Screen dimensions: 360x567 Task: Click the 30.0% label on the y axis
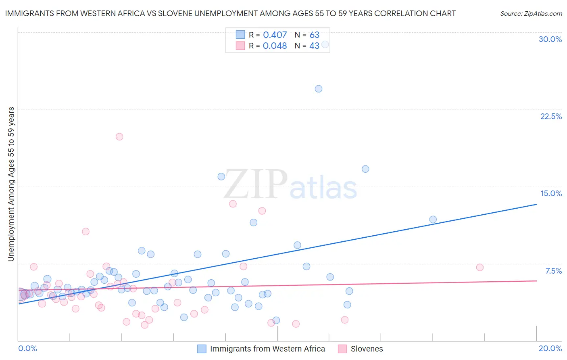point(550,39)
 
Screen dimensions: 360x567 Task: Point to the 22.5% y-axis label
point(551,116)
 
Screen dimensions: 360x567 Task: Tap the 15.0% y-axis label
point(551,193)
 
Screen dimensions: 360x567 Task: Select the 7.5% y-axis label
point(553,271)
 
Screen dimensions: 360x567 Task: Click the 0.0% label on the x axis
point(27,348)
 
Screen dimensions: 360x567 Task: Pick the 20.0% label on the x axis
point(550,348)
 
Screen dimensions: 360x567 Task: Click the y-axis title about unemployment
point(11,184)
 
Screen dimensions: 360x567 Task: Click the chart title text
point(230,13)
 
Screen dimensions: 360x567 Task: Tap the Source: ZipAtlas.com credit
point(531,13)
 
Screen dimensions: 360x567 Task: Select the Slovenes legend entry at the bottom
point(366,349)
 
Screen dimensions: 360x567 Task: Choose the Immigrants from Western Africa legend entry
point(267,349)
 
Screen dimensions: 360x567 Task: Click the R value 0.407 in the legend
point(275,35)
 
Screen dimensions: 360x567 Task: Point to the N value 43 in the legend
point(314,46)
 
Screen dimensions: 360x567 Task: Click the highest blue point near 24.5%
point(319,89)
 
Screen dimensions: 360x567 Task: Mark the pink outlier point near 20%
point(119,137)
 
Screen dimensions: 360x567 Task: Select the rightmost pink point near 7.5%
point(480,267)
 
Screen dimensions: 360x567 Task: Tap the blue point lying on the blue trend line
point(433,220)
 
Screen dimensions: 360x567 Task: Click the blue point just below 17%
point(365,169)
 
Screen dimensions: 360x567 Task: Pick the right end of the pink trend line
point(536,280)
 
